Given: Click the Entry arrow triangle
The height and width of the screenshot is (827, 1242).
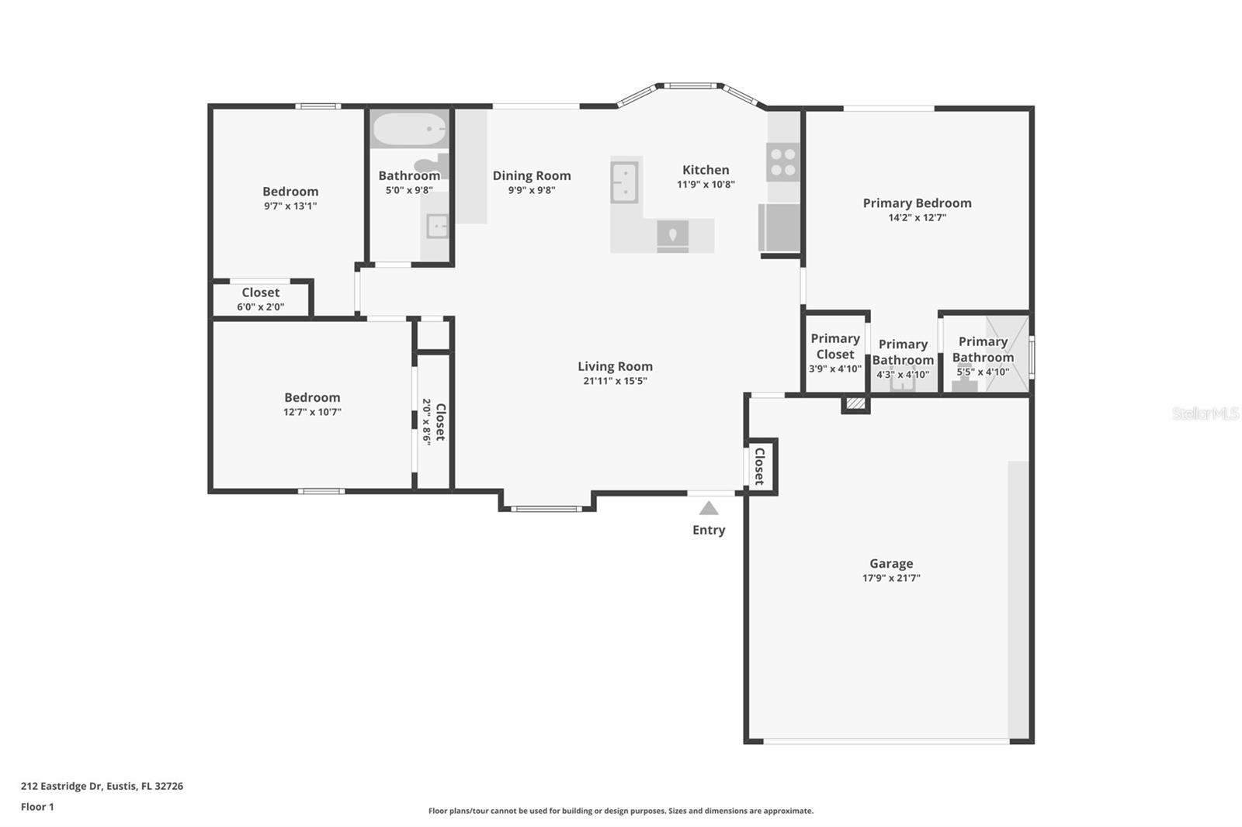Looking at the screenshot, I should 708,508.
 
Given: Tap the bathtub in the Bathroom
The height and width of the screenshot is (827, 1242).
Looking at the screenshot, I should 408,130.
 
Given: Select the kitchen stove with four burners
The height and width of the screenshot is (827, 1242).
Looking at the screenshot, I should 782,162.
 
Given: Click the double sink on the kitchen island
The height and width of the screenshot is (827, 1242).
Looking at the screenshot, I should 624,182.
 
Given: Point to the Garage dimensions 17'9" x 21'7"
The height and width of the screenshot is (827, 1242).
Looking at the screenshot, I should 890,578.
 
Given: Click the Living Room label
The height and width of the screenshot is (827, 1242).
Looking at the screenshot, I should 615,366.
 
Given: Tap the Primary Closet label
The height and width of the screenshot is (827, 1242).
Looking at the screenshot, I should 834,346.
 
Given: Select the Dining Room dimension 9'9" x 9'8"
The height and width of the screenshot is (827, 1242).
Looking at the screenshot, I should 532,190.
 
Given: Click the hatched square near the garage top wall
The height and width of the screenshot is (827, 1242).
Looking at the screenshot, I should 855,403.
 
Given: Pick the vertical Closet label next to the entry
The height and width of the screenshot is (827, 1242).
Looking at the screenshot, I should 760,466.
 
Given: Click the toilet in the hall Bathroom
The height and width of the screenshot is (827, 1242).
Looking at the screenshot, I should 432,165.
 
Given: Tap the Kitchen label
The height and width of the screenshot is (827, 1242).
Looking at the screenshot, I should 706,170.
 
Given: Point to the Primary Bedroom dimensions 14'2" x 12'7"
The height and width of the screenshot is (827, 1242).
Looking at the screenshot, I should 917,218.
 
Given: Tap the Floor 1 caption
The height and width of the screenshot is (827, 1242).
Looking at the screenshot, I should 37,807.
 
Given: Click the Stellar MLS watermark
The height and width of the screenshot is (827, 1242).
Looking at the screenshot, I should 1205,413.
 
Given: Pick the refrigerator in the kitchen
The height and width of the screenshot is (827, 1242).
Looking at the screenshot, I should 779,227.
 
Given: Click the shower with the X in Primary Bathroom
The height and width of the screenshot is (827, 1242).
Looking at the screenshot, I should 1007,354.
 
